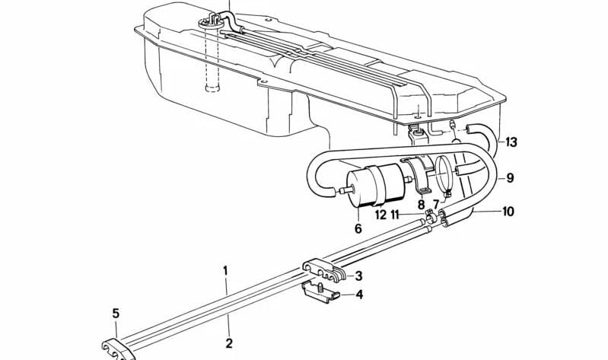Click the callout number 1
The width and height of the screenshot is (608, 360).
225,270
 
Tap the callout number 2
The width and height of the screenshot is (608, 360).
229,343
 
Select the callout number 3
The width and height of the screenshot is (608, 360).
358,276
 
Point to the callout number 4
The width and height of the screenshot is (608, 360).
359,295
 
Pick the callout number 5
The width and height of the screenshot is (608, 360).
116,314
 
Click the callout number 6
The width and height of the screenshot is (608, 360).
358,228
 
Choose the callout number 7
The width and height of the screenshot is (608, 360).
436,204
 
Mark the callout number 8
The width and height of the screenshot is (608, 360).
421,204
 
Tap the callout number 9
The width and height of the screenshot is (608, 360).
511,178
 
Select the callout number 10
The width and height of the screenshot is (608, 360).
508,212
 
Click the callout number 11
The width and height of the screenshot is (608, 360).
395,215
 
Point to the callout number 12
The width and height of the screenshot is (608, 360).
380,215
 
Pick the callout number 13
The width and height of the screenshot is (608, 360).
511,142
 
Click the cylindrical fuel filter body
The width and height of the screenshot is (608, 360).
375,186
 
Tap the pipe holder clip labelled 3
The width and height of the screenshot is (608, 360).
323,269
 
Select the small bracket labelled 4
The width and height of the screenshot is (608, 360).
320,292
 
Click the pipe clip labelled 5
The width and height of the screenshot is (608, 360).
118,350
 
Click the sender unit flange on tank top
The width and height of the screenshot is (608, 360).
212,24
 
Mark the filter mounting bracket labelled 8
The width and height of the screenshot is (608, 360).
419,174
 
